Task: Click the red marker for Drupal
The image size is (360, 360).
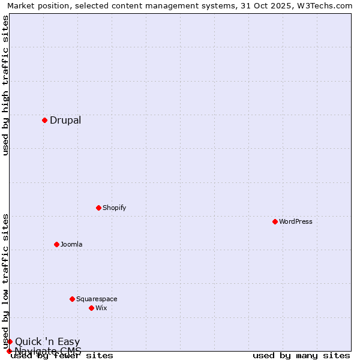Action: pyautogui.click(x=44, y=120)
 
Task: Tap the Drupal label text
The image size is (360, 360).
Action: pyautogui.click(x=65, y=120)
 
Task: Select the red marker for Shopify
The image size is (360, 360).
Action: pyautogui.click(x=98, y=208)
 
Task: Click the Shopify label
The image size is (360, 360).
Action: pyautogui.click(x=114, y=208)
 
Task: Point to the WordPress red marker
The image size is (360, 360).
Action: pyautogui.click(x=275, y=221)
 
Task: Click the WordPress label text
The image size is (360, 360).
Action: pyautogui.click(x=296, y=221)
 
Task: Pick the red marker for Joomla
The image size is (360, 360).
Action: pyautogui.click(x=56, y=244)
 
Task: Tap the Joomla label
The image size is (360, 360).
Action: pyautogui.click(x=71, y=244)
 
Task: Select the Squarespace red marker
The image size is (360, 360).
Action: pyautogui.click(x=72, y=299)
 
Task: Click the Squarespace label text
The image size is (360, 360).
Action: pyautogui.click(x=97, y=299)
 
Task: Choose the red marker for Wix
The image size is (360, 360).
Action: pyautogui.click(x=91, y=308)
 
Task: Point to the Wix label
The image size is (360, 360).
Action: pyautogui.click(x=101, y=308)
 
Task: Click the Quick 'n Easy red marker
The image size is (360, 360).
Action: pyautogui.click(x=10, y=341)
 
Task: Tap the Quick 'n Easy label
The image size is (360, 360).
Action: pyautogui.click(x=47, y=342)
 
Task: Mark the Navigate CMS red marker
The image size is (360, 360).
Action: pyautogui.click(x=9, y=351)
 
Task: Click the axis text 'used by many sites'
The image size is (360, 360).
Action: pyautogui.click(x=301, y=355)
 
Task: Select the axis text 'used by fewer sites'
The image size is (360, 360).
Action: pyautogui.click(x=62, y=355)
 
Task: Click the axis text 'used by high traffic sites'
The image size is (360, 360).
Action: pyautogui.click(x=6, y=85)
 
